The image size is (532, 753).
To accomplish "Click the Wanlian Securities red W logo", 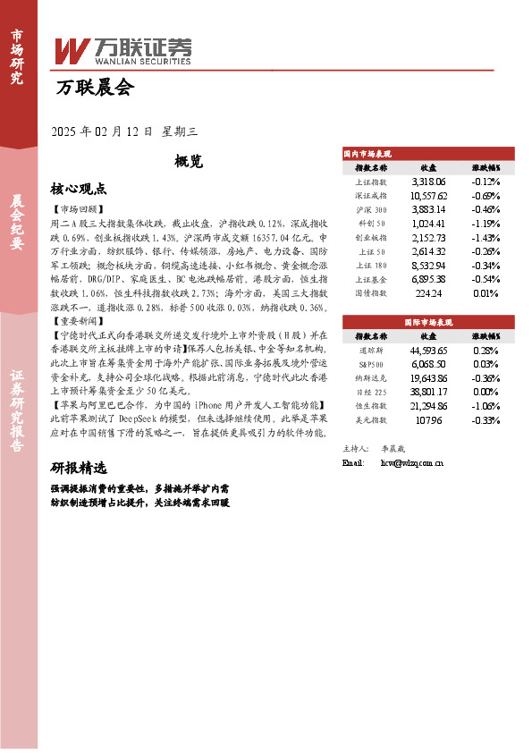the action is pyautogui.click(x=72, y=49).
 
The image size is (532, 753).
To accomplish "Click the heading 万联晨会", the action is pyautogui.click(x=94, y=88).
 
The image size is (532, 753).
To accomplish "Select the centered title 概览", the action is pyautogui.click(x=189, y=162).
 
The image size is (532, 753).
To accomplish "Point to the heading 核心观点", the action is pyautogui.click(x=79, y=189).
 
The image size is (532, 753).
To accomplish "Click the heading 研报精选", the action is pyautogui.click(x=79, y=468).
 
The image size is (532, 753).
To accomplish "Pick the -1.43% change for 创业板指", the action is pyautogui.click(x=485, y=238).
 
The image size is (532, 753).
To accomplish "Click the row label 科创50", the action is pyautogui.click(x=371, y=224).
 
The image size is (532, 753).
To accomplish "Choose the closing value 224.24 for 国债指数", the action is pyautogui.click(x=428, y=293).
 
